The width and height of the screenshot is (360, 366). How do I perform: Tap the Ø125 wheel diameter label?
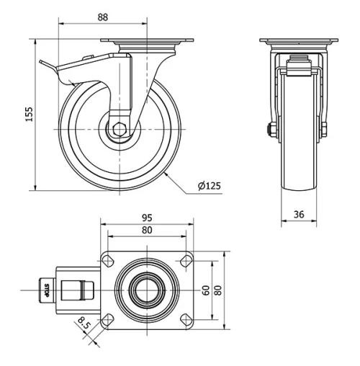click(209, 187)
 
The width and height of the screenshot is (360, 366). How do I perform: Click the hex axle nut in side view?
click(119, 130)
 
